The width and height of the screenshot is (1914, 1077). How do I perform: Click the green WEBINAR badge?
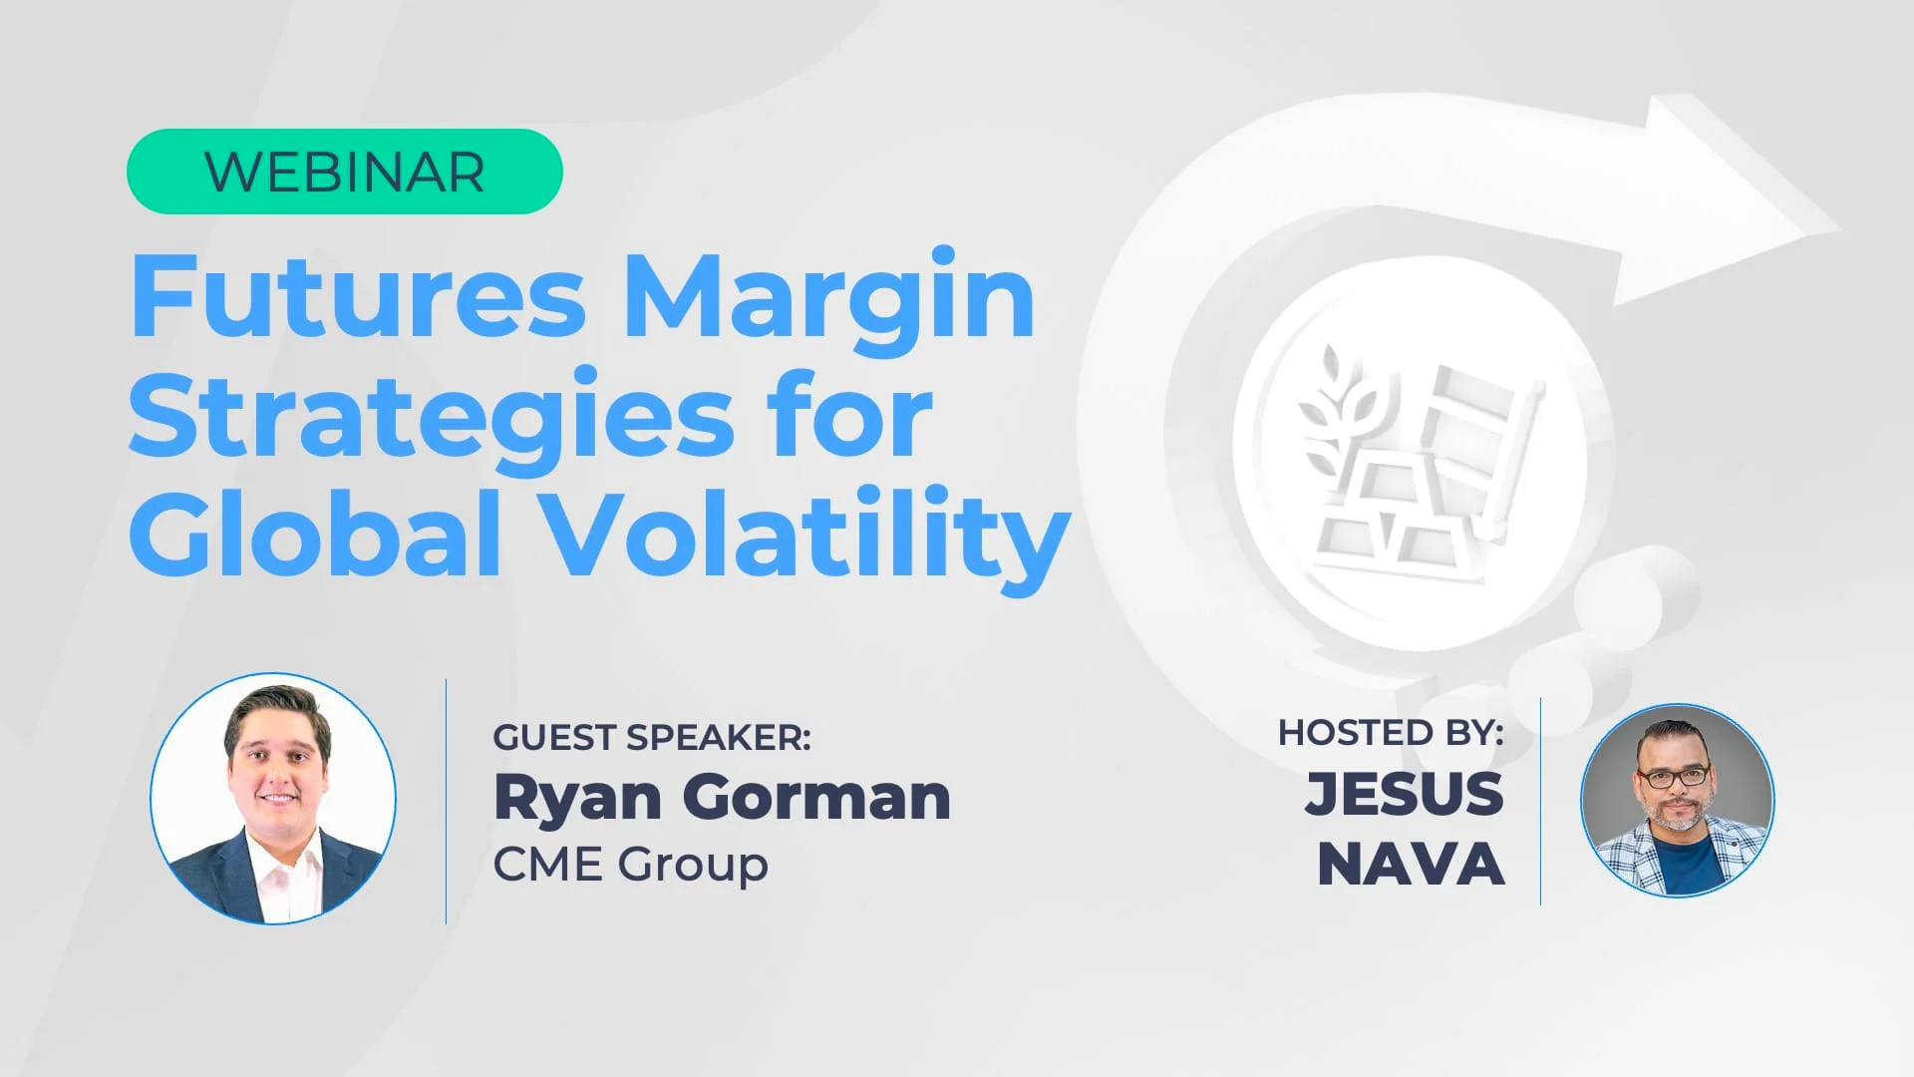(x=345, y=172)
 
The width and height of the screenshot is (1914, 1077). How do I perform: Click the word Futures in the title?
(x=358, y=296)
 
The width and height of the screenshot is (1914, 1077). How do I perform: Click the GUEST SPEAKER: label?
(x=652, y=738)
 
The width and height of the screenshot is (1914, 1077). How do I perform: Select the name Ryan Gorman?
(x=722, y=800)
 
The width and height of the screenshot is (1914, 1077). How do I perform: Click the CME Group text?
(x=631, y=865)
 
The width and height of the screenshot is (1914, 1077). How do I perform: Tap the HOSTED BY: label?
(x=1391, y=733)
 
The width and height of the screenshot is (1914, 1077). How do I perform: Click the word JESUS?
(x=1405, y=794)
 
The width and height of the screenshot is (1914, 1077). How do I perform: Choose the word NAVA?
(x=1411, y=864)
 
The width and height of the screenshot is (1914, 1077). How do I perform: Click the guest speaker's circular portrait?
(x=273, y=799)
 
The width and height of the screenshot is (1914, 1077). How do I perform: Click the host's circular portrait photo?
(x=1678, y=801)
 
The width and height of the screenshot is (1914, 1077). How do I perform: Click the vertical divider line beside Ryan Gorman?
(x=446, y=802)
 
